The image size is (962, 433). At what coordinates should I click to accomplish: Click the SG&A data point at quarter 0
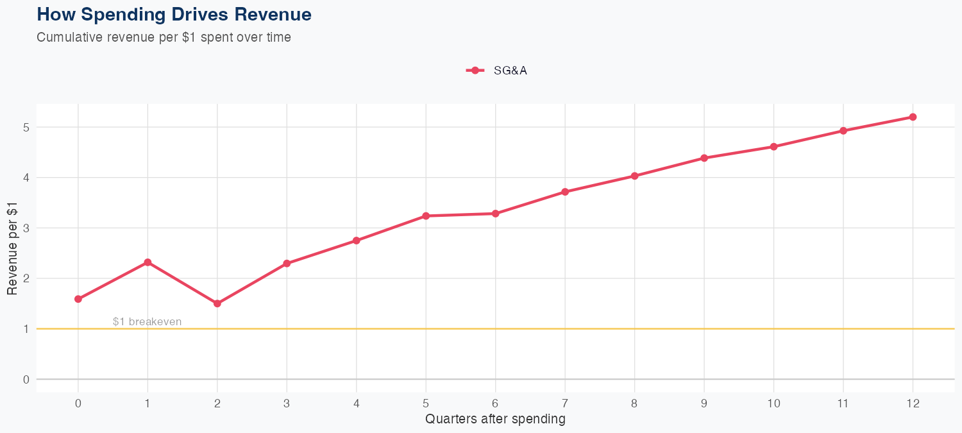click(x=78, y=299)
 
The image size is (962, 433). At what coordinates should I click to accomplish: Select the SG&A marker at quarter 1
click(x=148, y=262)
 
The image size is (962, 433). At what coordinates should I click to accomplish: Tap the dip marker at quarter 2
click(x=217, y=303)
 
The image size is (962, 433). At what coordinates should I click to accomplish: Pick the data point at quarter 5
click(x=426, y=216)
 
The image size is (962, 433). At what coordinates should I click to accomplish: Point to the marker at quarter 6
click(x=496, y=214)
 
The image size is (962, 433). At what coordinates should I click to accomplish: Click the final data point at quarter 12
click(x=913, y=117)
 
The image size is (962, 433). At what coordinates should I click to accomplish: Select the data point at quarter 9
click(x=704, y=158)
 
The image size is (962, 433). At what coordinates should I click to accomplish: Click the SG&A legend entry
click(x=497, y=71)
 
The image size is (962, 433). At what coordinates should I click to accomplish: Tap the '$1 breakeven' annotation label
click(x=147, y=321)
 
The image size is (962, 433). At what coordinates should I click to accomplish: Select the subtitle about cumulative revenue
click(x=164, y=37)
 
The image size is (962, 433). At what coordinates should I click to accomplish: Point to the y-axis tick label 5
click(x=26, y=127)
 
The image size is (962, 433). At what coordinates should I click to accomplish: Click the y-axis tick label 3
click(x=26, y=228)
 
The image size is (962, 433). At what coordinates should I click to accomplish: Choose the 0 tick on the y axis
click(x=26, y=379)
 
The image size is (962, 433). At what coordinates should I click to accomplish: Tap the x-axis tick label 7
click(x=565, y=403)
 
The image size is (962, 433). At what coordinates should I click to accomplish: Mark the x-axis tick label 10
click(x=773, y=403)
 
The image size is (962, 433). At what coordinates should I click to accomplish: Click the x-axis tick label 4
click(x=357, y=403)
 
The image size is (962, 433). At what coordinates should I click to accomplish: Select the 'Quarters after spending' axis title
click(x=495, y=420)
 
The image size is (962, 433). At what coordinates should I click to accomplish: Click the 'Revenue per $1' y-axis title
click(x=12, y=249)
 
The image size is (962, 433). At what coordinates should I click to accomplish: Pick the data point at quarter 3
click(x=287, y=264)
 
